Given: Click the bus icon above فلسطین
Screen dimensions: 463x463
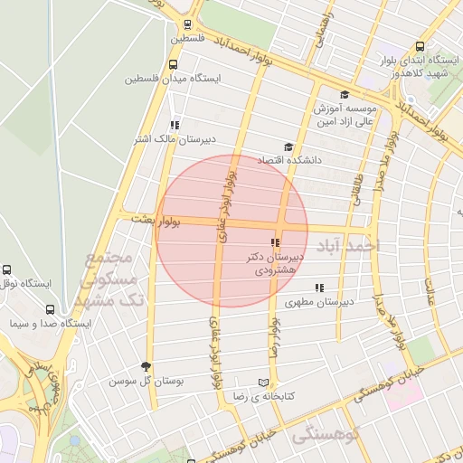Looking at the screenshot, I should [x=187, y=25].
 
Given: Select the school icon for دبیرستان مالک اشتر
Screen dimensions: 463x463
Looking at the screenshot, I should [x=174, y=125].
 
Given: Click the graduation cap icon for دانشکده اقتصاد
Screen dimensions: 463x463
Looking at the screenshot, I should [x=288, y=146].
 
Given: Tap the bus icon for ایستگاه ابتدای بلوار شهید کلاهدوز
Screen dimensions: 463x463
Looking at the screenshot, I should [x=420, y=47].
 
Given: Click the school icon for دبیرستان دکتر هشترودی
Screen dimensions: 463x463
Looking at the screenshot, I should [x=274, y=242].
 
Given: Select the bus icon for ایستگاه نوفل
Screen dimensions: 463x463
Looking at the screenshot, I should [x=7, y=269].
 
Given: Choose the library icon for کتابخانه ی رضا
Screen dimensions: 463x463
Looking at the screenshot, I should [x=263, y=383].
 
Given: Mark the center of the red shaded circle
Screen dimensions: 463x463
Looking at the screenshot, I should [x=232, y=231].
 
